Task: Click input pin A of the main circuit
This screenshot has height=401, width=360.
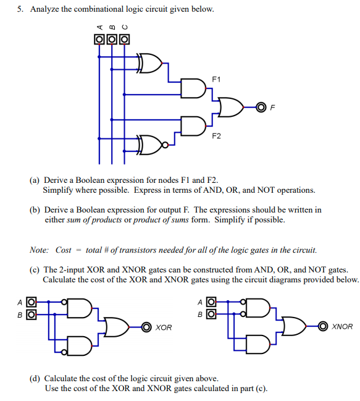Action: click(x=99, y=40)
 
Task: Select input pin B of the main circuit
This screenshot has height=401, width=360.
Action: click(x=112, y=40)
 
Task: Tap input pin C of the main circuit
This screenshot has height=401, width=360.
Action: click(x=124, y=40)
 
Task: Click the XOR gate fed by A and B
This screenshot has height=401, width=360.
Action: click(x=149, y=63)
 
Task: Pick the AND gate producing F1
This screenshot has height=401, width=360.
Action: click(x=193, y=88)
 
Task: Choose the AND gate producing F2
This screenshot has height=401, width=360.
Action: click(x=193, y=126)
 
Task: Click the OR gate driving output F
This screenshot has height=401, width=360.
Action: click(x=231, y=107)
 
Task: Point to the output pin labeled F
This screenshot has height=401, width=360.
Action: click(x=261, y=108)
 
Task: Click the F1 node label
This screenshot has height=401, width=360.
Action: click(x=216, y=79)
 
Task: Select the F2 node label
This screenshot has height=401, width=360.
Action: click(x=216, y=136)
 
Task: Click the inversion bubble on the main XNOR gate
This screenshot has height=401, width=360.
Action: click(x=165, y=145)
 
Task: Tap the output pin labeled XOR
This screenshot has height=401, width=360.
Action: click(x=146, y=327)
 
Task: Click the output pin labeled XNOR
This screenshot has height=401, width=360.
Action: click(x=323, y=326)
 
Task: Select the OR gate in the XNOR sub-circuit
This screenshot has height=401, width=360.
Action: click(x=294, y=326)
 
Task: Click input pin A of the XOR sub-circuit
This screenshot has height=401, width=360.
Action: click(x=31, y=302)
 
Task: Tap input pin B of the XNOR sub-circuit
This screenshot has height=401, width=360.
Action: click(x=211, y=314)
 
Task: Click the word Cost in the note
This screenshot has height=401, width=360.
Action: click(x=64, y=250)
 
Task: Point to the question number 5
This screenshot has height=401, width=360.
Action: click(x=20, y=9)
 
